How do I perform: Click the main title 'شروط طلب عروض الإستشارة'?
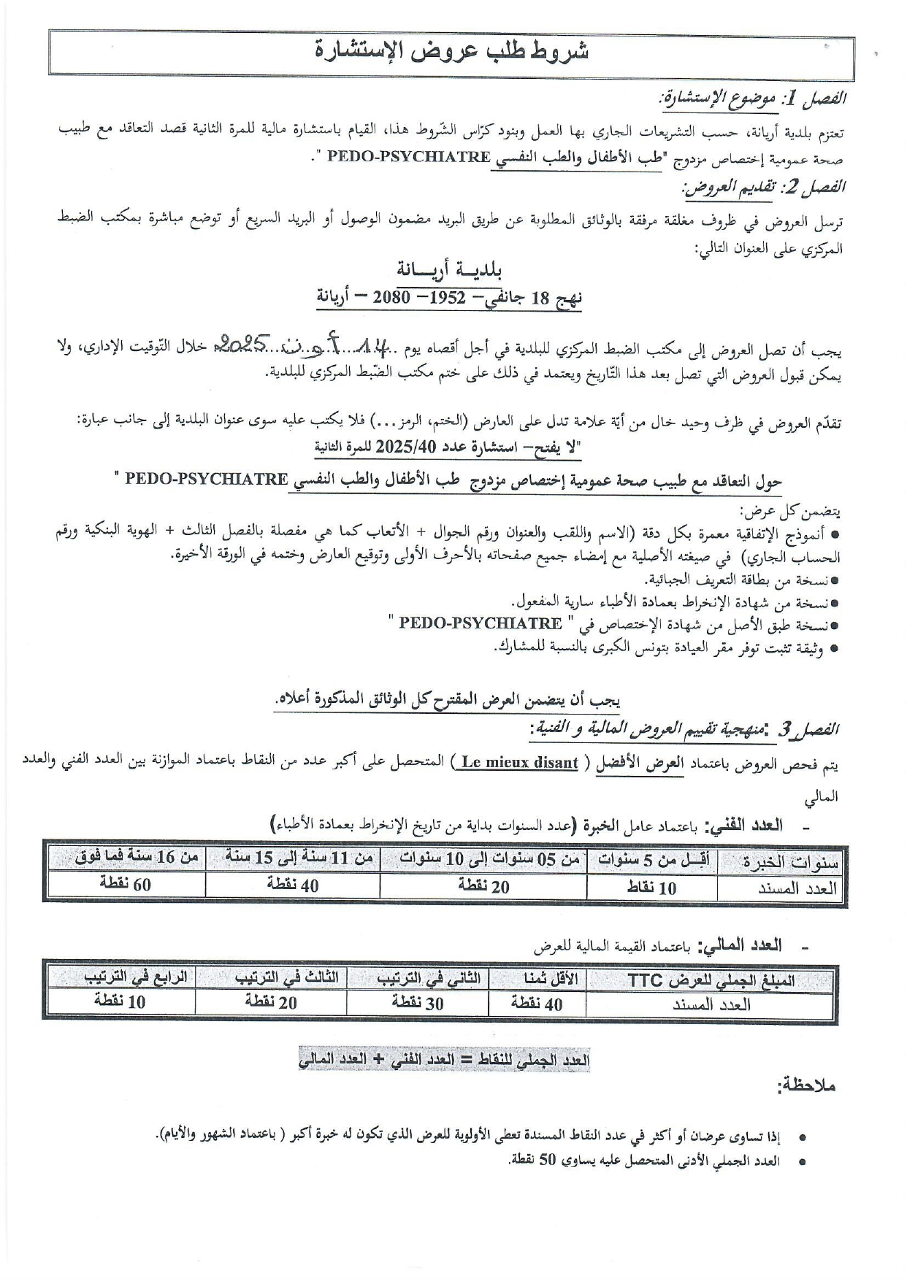point(453,53)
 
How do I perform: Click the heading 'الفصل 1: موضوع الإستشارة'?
point(751,99)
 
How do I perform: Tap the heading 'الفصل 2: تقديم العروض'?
point(764,188)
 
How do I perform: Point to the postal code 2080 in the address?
point(391,298)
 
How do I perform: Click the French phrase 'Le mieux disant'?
point(519,763)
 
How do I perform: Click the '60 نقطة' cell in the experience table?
point(125,885)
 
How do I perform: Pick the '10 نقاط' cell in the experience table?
point(652,887)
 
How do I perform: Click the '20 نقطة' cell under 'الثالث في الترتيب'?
point(271,1003)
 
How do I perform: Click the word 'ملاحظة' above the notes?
point(806,1085)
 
